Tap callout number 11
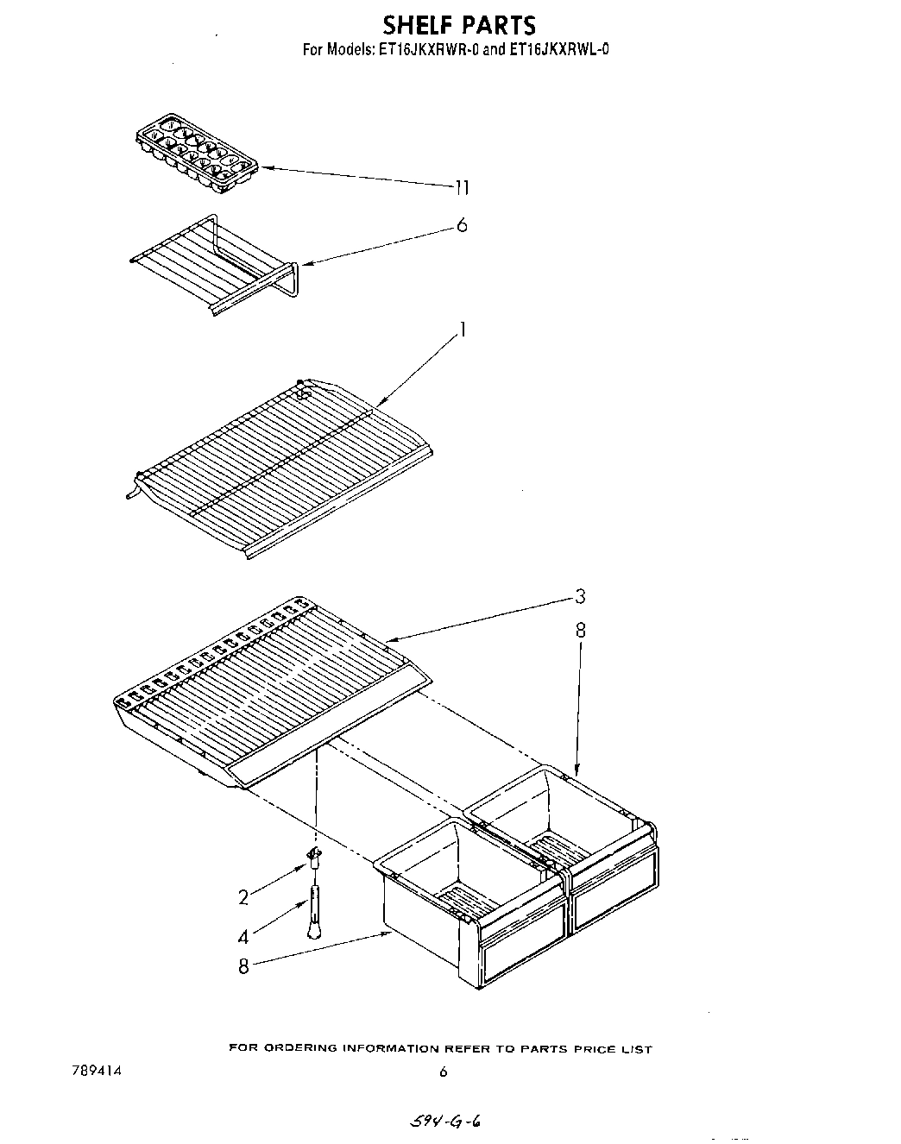point(463,187)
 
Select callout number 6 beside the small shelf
point(462,225)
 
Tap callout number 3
point(580,596)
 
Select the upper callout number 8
point(580,631)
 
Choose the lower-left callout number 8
point(243,966)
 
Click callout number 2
point(243,897)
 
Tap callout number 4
point(243,935)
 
